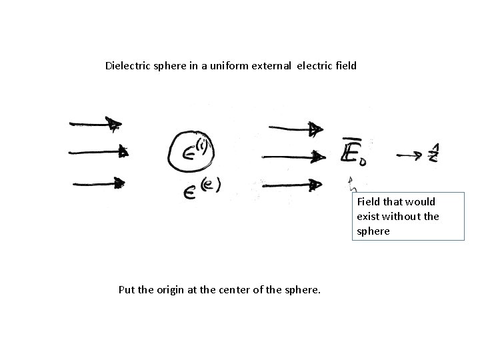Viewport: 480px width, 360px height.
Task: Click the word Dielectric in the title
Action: (x=127, y=66)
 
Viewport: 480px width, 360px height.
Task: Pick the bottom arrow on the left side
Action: (x=97, y=181)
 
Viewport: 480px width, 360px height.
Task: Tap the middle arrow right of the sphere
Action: (x=294, y=157)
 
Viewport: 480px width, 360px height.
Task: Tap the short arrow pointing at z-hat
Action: (x=409, y=156)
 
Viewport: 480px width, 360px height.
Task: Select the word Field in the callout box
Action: (x=368, y=201)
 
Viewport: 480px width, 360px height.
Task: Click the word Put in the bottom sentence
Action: (x=126, y=290)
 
